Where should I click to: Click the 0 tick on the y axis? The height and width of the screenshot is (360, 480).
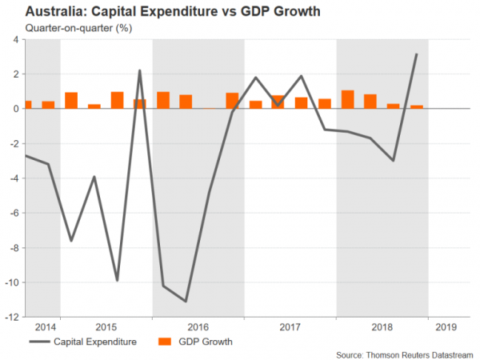(18, 109)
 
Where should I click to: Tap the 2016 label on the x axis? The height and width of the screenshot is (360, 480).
(198, 326)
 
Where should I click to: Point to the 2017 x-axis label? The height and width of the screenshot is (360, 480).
(290, 326)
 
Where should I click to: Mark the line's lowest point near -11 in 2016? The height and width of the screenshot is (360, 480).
(186, 301)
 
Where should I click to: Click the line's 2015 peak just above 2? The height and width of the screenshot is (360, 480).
(140, 70)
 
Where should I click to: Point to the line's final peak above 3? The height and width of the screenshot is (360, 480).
(416, 54)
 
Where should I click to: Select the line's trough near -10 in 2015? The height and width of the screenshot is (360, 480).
(117, 280)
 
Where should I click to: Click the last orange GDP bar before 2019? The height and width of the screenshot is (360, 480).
(416, 106)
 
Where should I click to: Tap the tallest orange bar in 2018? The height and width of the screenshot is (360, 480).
(347, 99)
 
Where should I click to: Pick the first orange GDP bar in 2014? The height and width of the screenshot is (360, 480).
(27, 104)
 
